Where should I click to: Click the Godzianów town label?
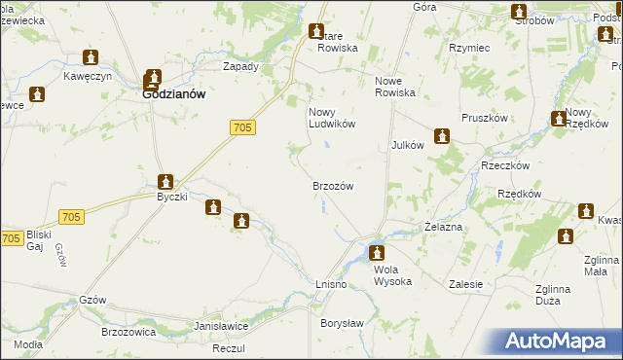coord(171,95)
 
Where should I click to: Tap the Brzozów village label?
coord(332,185)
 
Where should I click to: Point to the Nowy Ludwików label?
coord(331,118)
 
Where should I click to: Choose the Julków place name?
coord(407,144)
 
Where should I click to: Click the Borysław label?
coord(342,322)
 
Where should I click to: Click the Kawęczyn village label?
coord(90,76)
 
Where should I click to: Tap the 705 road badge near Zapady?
coord(244,127)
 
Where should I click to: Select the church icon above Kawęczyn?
coord(91,57)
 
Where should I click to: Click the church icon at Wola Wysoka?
coord(377,253)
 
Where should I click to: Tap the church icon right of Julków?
coord(442,136)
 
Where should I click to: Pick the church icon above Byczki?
coord(166,181)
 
